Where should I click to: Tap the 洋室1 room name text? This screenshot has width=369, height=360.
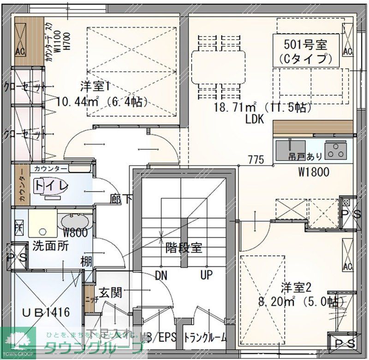95,86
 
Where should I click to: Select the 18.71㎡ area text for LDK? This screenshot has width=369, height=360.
235,108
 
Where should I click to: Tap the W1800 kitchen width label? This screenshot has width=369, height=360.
314,173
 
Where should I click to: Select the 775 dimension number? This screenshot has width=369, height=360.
256,160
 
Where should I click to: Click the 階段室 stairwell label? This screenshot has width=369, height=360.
184,247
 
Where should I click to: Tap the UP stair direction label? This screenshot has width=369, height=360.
206,276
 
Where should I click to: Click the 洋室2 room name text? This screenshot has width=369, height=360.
297,288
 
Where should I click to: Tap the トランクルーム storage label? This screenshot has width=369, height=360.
206,338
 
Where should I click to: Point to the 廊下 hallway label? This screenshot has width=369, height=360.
121,199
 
